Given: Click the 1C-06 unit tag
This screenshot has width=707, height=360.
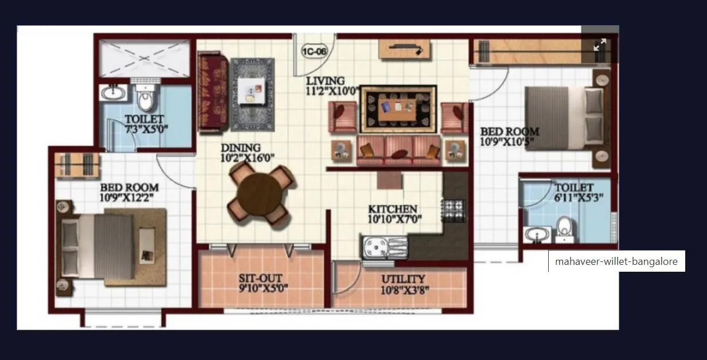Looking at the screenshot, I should [314, 52].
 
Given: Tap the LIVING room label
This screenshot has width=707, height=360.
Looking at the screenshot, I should [325, 80].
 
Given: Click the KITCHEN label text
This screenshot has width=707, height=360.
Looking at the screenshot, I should [392, 209].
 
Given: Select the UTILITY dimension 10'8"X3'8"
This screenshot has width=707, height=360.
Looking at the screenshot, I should [405, 289].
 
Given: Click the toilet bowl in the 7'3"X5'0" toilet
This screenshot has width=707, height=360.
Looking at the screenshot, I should [146, 101].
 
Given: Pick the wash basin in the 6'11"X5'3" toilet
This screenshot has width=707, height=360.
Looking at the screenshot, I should [537, 234].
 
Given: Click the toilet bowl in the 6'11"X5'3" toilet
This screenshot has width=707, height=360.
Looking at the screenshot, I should [565, 228].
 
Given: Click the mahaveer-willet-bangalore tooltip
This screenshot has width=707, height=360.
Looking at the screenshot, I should [616, 261].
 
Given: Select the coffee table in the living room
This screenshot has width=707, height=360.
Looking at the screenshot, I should [399, 108].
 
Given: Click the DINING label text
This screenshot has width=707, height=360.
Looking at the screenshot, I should [240, 148].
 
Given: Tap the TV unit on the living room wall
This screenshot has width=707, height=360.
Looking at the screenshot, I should [404, 49].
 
